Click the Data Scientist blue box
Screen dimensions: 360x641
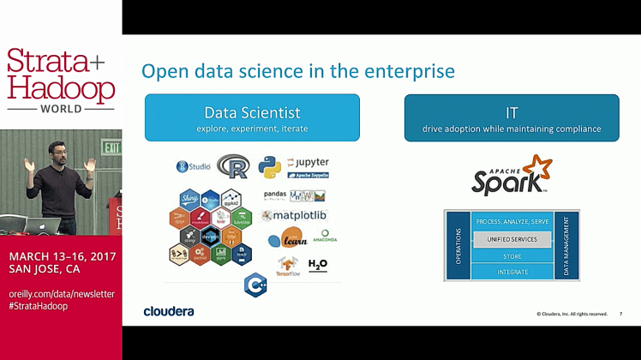coord(252,117)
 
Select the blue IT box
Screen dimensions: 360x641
coord(512,117)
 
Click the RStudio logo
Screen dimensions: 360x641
coord(194,166)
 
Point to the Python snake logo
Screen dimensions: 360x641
coord(269,167)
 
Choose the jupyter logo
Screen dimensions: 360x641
coord(308,162)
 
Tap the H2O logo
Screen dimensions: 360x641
coord(317,264)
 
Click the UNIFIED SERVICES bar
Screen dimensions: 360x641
coord(512,239)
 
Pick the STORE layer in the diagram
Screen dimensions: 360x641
coord(512,255)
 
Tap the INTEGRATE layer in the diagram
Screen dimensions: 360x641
coord(512,272)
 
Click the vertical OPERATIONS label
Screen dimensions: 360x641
coord(458,245)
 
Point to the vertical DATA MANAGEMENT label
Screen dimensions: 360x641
coord(566,245)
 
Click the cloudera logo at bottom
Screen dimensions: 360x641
coord(168,311)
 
